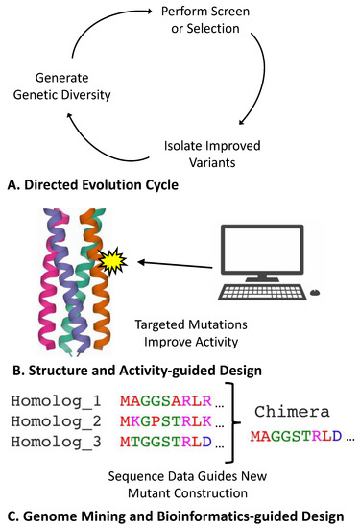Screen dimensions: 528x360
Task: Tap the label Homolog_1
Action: pyautogui.click(x=54, y=398)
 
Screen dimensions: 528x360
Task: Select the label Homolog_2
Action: pyautogui.click(x=54, y=421)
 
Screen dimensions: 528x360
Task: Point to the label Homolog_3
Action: pyautogui.click(x=54, y=444)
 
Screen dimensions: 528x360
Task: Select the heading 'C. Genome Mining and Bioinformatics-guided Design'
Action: pyautogui.click(x=180, y=516)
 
